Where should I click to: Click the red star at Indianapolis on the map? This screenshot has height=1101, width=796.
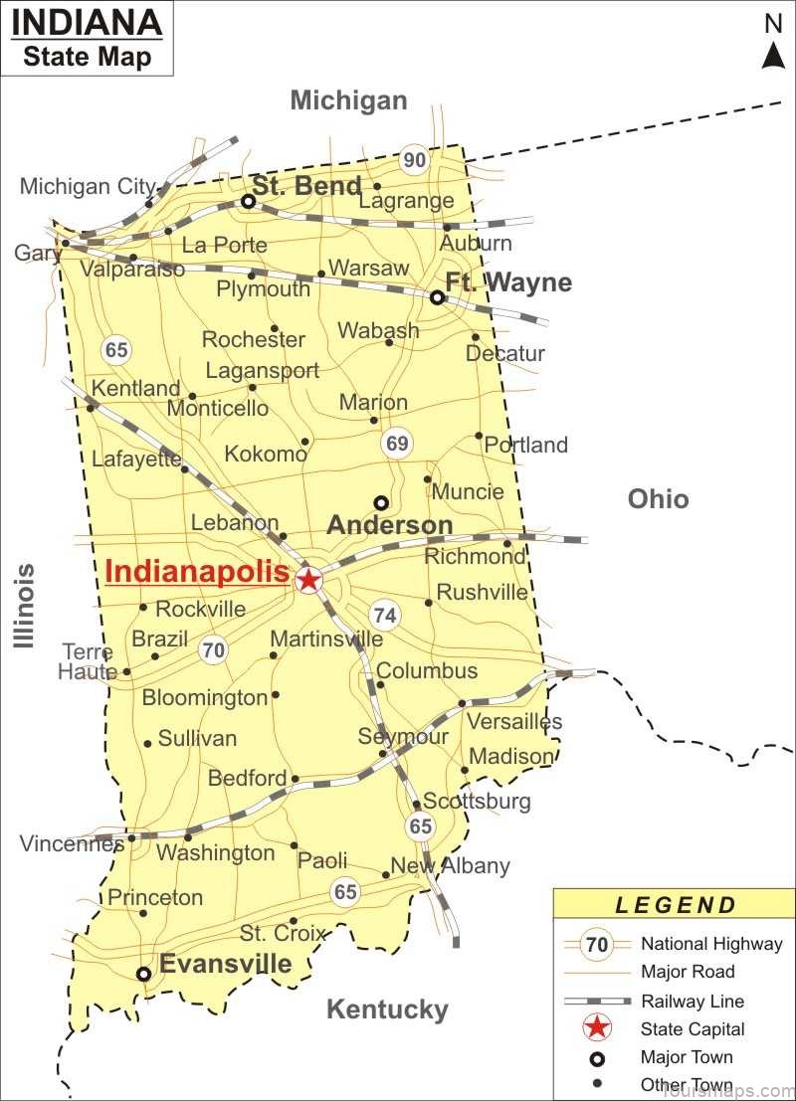[308, 580]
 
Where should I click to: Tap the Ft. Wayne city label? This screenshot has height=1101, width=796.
[508, 282]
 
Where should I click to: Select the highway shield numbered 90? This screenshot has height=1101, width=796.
[414, 159]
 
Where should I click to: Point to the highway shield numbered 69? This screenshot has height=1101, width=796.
[397, 444]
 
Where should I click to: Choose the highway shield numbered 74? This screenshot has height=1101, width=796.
[385, 616]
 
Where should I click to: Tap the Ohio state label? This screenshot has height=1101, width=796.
[658, 498]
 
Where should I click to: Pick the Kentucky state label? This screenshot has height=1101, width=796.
[387, 1009]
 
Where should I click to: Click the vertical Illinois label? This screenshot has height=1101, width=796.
[25, 606]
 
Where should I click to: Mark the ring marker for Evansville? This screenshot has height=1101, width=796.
[144, 974]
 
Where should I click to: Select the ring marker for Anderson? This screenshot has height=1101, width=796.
[380, 502]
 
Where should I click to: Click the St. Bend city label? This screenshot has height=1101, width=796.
[306, 186]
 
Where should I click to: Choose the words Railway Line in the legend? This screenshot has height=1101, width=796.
[692, 1002]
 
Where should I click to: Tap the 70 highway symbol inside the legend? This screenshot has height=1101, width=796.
[597, 945]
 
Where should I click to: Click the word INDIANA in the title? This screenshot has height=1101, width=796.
[88, 23]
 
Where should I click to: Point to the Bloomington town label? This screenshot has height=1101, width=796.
[205, 697]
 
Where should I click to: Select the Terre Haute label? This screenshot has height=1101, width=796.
[88, 661]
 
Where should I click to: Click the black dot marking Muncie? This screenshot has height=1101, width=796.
[428, 479]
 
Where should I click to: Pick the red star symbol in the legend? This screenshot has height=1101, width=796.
[597, 1029]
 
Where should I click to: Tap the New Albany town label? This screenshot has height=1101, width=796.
[450, 865]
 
